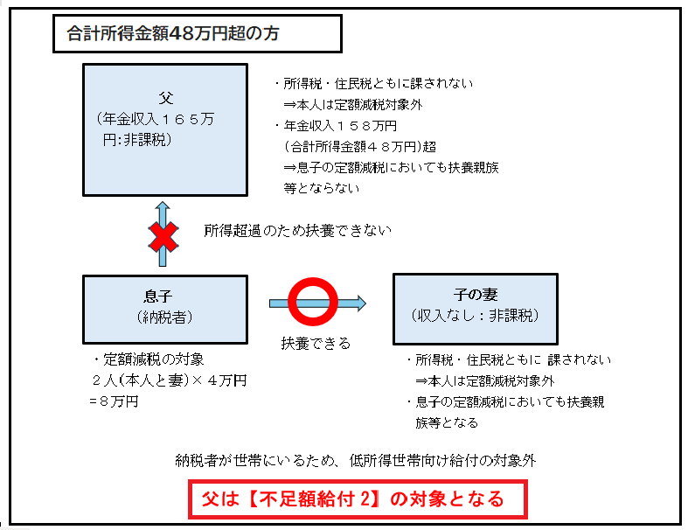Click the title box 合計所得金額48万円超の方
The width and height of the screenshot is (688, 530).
click(197, 34)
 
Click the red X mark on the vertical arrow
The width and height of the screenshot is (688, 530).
click(163, 237)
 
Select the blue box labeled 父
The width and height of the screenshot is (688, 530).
click(165, 129)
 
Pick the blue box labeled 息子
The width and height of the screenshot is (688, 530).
click(165, 309)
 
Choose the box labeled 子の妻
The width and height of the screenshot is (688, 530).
click(476, 309)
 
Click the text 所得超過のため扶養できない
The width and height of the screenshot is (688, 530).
click(297, 231)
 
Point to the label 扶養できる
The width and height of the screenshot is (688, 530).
click(316, 343)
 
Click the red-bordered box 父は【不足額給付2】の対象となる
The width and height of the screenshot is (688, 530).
click(358, 499)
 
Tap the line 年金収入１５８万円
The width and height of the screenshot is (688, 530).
click(340, 126)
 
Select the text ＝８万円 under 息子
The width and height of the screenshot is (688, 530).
click(114, 401)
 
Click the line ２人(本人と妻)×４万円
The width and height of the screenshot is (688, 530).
click(170, 380)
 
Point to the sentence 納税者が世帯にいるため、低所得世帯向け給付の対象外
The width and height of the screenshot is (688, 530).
click(356, 461)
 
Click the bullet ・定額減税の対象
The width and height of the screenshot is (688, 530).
click(149, 359)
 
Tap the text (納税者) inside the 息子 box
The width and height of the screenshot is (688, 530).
click(164, 317)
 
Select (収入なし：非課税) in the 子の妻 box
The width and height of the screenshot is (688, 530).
click(476, 315)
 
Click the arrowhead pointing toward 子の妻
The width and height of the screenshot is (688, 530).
click(362, 303)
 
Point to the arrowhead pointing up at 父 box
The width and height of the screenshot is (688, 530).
click(163, 206)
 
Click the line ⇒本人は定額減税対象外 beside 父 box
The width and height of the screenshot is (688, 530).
click(353, 104)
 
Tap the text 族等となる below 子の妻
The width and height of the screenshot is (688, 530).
click(447, 422)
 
